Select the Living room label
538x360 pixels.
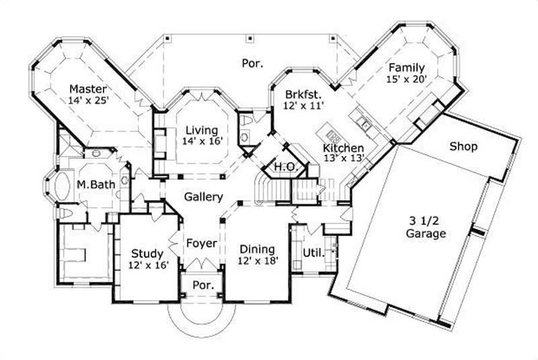(202, 130)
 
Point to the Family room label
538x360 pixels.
(406, 67)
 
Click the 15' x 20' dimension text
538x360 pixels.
(406, 79)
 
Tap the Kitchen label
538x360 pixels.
(343, 148)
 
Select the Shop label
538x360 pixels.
(463, 146)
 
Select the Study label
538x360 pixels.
(147, 254)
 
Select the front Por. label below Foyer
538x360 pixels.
(203, 285)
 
